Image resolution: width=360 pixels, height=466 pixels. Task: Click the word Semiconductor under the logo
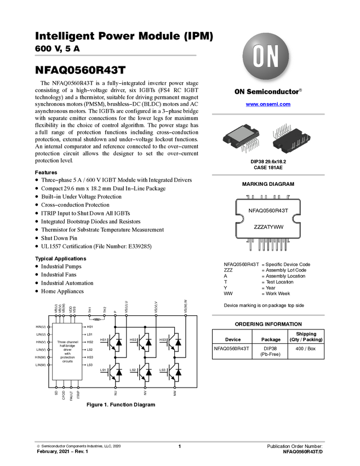click(275, 92)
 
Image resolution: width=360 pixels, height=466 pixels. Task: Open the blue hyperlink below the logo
click(268, 104)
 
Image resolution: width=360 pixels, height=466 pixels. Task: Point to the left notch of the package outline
click(239, 219)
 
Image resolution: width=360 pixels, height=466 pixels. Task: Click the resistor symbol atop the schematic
click(97, 318)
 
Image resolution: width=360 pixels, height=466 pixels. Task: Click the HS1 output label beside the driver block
click(90, 327)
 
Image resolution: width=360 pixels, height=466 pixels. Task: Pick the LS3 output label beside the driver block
click(90, 365)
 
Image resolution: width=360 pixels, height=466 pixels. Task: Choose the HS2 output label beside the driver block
click(90, 342)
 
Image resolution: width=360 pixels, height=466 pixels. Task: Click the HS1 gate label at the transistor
click(103, 340)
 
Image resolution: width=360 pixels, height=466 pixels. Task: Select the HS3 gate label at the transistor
click(163, 340)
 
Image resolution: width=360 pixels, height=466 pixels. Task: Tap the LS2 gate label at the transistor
click(133, 370)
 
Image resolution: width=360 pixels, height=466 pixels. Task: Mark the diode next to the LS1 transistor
click(119, 372)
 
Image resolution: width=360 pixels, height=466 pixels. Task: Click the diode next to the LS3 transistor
click(178, 372)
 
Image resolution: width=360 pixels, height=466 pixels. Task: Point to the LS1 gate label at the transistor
click(103, 370)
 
